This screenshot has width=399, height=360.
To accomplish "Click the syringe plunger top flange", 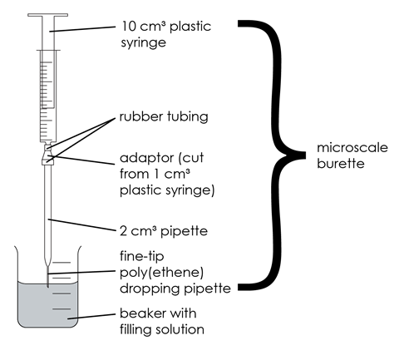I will click(x=48, y=14).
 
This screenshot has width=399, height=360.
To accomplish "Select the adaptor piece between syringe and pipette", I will click(x=48, y=155).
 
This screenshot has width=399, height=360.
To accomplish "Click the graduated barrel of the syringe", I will click(x=48, y=91).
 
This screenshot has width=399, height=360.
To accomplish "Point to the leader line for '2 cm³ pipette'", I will click(x=83, y=224).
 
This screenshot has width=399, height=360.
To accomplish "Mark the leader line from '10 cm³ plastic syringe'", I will click(x=83, y=30).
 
